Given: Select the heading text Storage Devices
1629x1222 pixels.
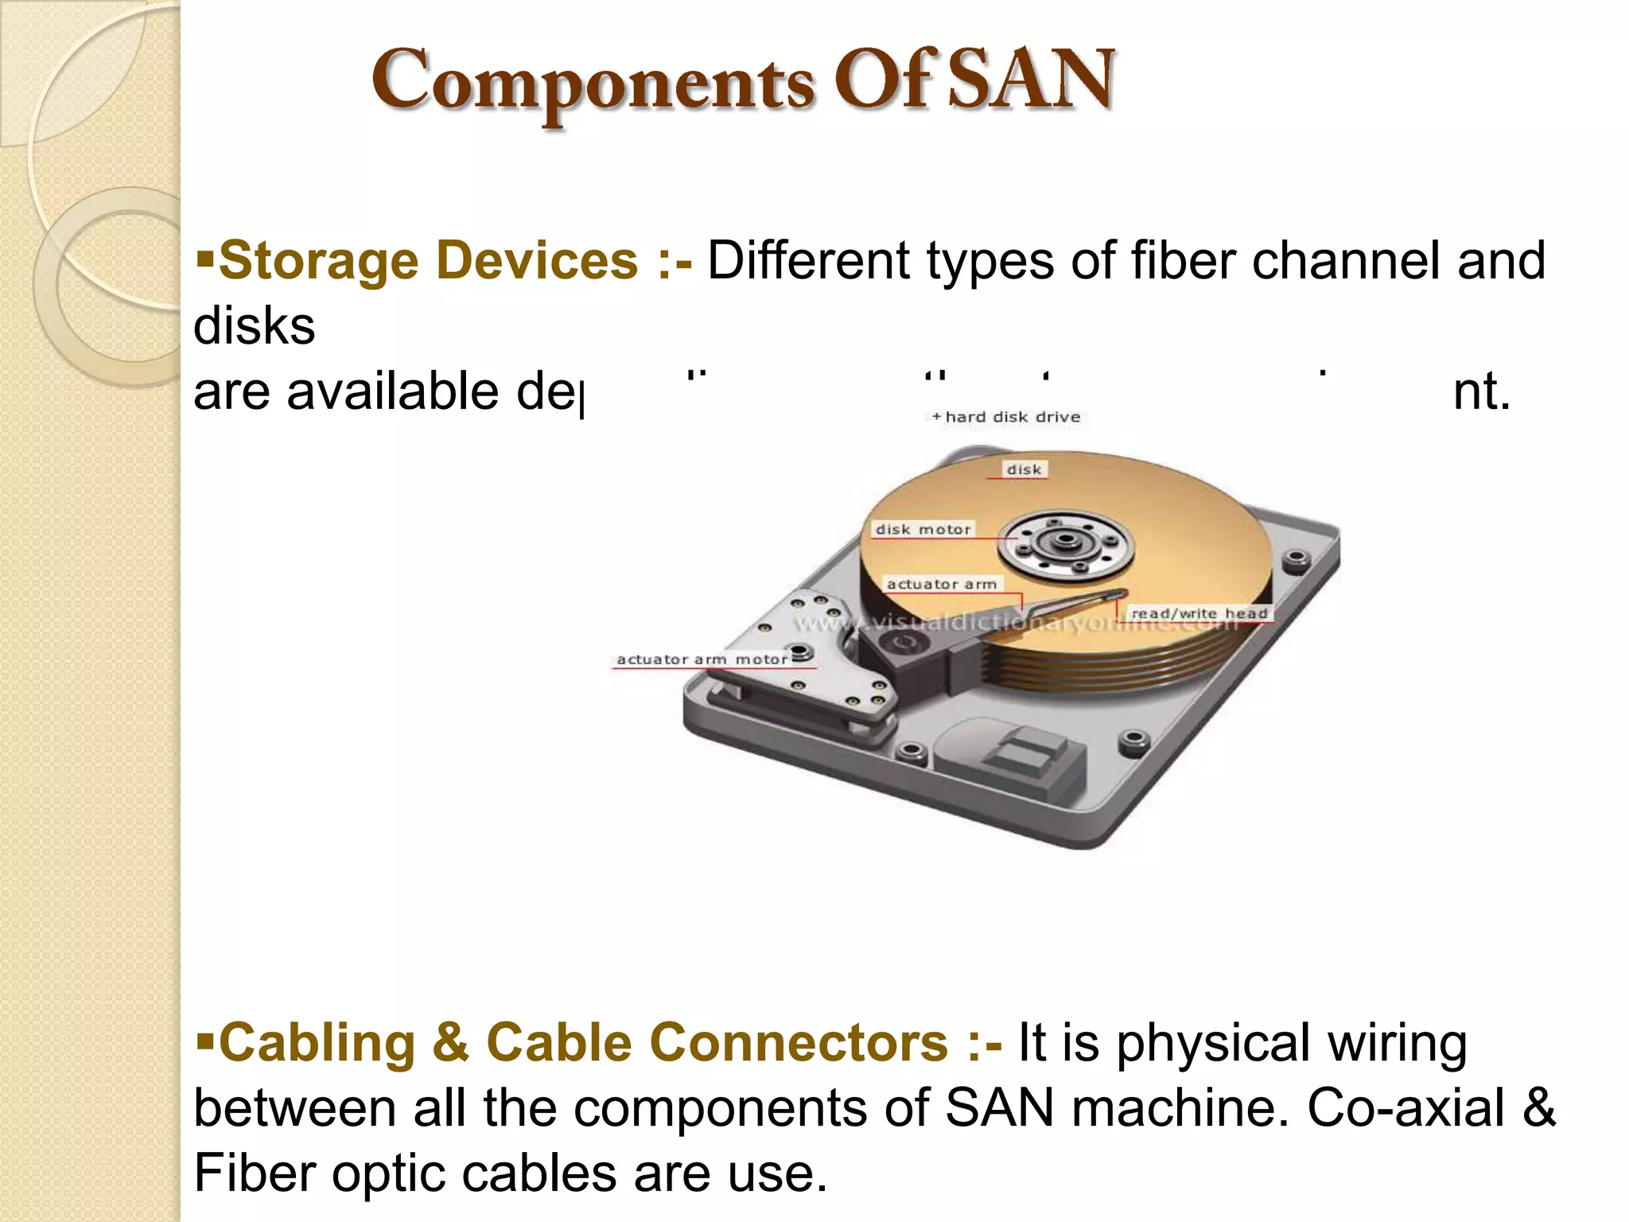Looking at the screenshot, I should (x=428, y=261).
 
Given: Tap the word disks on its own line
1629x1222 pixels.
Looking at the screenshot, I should (x=255, y=326).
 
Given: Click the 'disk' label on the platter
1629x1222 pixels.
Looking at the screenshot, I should (x=1024, y=469).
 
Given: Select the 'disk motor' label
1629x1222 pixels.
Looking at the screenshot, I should (x=923, y=529).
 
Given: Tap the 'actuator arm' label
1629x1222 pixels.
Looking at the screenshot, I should (x=942, y=584).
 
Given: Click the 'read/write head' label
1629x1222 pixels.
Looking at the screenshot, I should (x=1199, y=613).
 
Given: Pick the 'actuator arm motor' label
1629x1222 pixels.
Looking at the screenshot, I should (x=702, y=660).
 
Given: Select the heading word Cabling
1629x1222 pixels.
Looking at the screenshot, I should (x=317, y=1042).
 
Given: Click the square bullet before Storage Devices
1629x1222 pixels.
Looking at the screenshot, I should (x=205, y=258).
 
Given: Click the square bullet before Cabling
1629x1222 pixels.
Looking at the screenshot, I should (x=205, y=1039).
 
